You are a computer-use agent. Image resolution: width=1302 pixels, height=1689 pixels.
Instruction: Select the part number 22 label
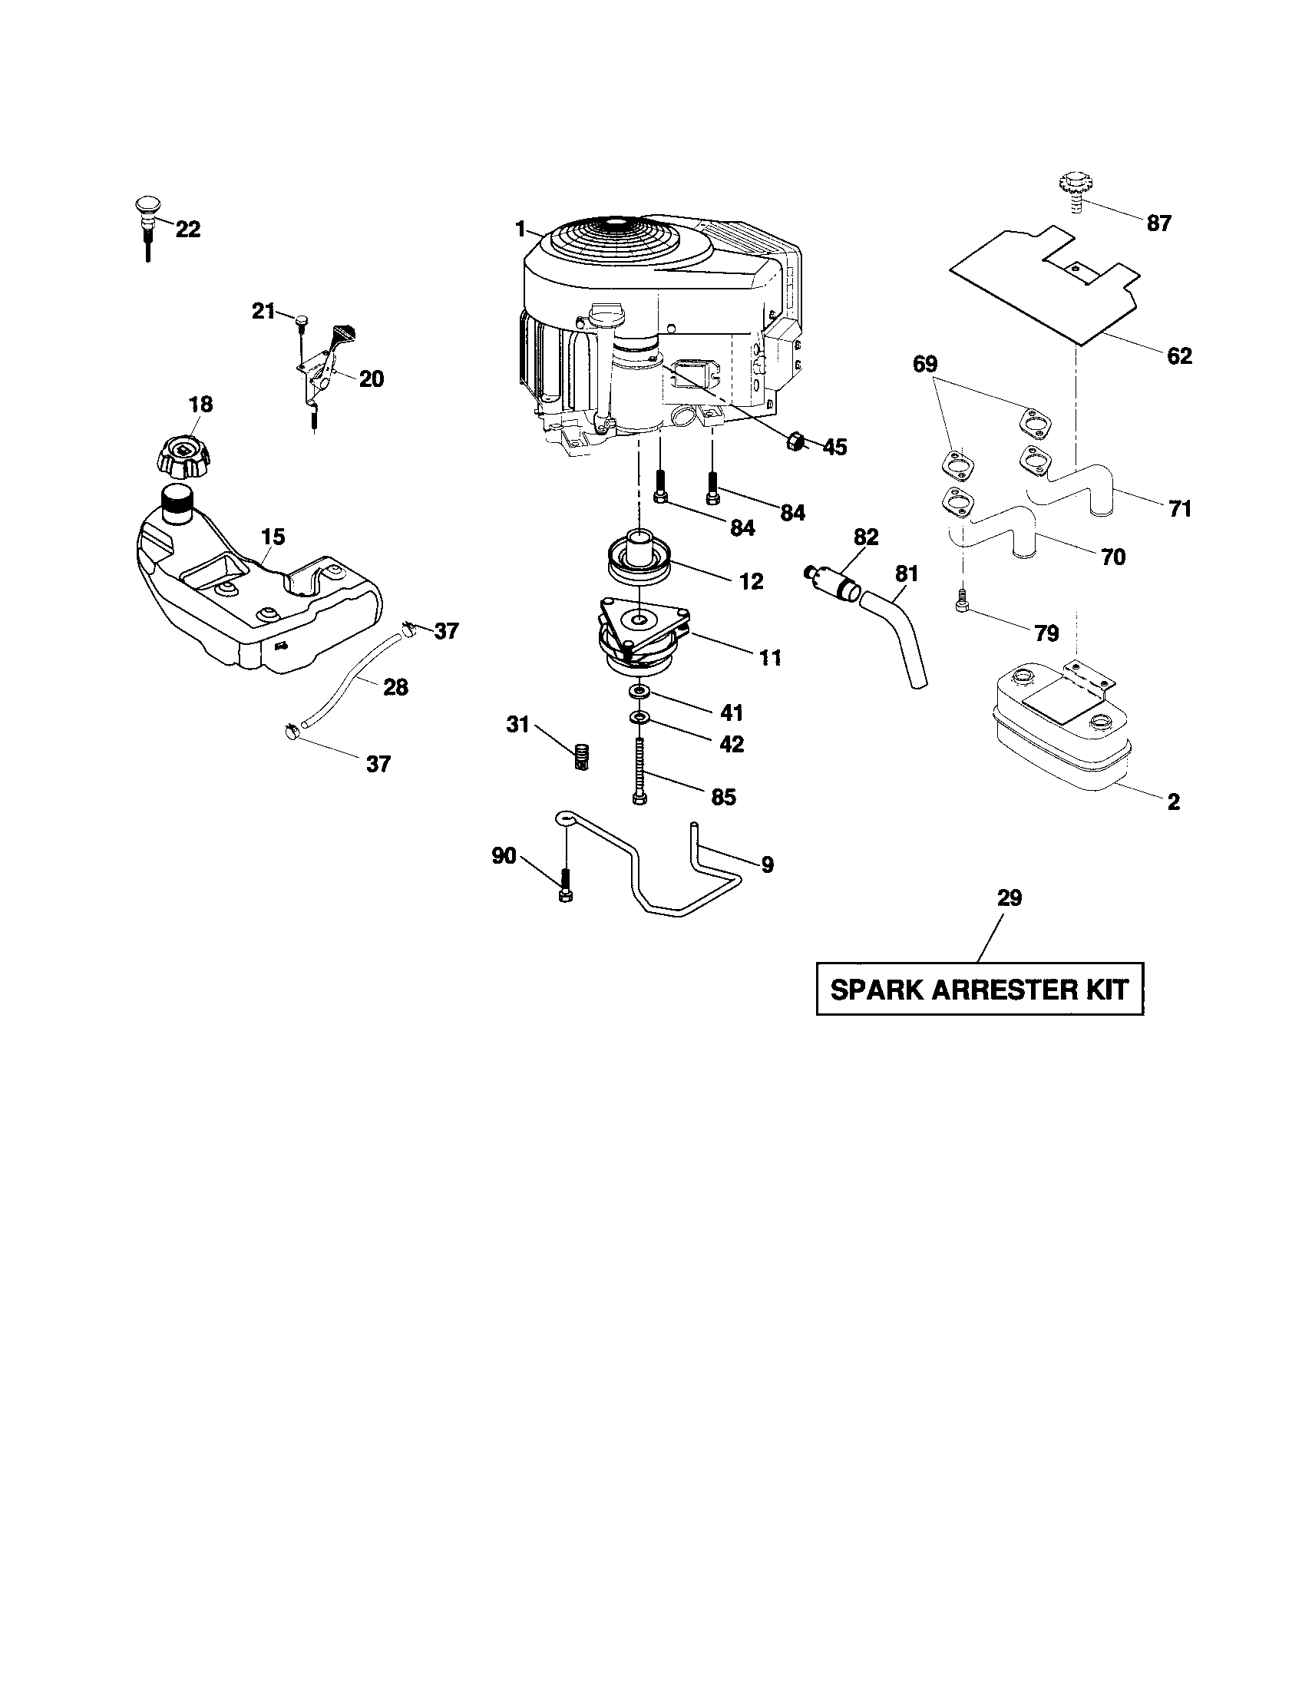click(187, 230)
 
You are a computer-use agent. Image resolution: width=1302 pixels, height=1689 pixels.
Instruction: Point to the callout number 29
click(1009, 898)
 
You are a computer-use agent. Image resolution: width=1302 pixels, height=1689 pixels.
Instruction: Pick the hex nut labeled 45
click(795, 441)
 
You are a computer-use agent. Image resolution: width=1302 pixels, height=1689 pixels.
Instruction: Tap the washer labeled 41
click(639, 689)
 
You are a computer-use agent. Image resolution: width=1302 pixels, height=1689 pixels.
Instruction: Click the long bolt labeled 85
click(639, 770)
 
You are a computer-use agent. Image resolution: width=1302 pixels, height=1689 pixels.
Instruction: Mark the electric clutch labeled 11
click(642, 634)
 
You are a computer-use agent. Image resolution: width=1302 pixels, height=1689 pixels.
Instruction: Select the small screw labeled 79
click(963, 600)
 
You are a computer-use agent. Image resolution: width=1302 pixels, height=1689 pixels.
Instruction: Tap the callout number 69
click(925, 363)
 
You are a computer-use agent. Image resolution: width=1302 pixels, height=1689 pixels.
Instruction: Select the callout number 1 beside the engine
click(520, 229)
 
